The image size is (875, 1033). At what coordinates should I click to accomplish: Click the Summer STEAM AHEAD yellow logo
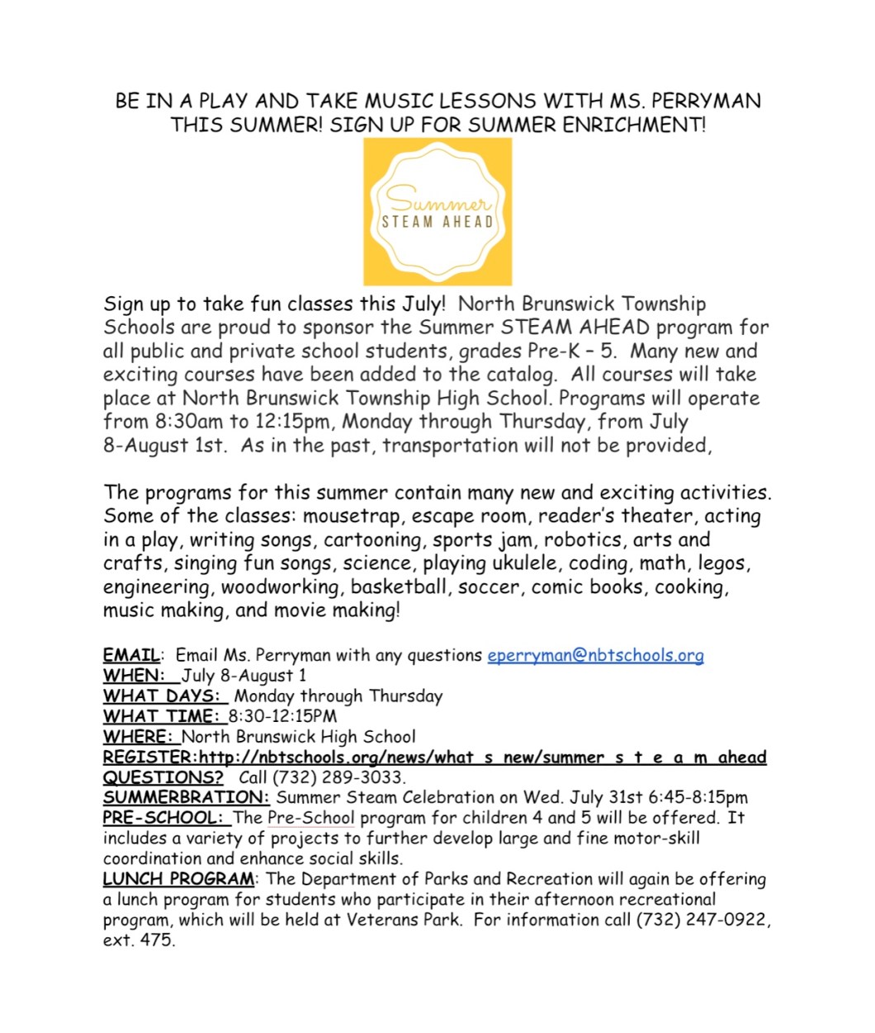click(437, 211)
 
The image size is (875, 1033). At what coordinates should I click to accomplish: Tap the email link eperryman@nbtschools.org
click(595, 655)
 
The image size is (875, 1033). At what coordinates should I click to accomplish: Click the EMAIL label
click(131, 655)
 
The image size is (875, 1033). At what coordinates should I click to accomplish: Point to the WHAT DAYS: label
click(161, 696)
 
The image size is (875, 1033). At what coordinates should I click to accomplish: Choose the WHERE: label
click(137, 737)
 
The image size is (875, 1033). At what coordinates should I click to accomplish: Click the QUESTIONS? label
click(163, 777)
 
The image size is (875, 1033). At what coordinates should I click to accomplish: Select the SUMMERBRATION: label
click(186, 798)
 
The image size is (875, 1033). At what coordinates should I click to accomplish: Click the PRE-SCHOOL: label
click(163, 818)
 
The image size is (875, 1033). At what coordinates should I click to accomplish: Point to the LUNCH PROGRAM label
click(178, 879)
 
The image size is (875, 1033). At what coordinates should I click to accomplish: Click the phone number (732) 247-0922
click(701, 919)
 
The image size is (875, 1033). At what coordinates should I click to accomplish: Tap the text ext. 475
click(139, 940)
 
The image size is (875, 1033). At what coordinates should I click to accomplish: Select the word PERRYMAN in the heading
click(707, 101)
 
